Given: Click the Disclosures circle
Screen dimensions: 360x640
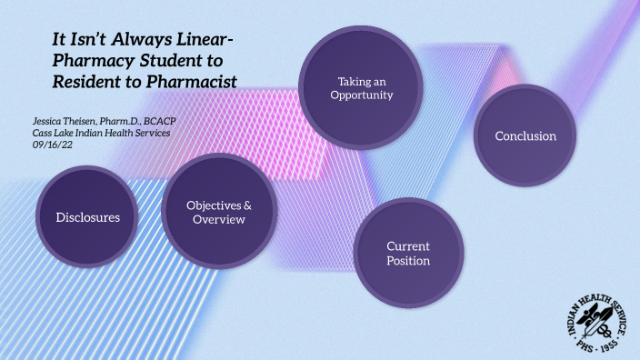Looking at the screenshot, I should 87,217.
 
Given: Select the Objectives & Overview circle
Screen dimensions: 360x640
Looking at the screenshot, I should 218,213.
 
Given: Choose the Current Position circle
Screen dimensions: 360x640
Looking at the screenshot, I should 408,254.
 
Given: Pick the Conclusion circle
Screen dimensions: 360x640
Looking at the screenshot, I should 525,136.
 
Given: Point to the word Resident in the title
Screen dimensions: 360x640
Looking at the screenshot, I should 84,82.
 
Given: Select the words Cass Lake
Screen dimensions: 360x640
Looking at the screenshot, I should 55,134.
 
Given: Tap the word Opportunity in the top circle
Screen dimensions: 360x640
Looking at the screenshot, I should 361,95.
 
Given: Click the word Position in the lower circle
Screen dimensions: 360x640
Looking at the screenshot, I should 408,261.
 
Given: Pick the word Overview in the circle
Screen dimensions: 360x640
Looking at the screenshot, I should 218,220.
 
